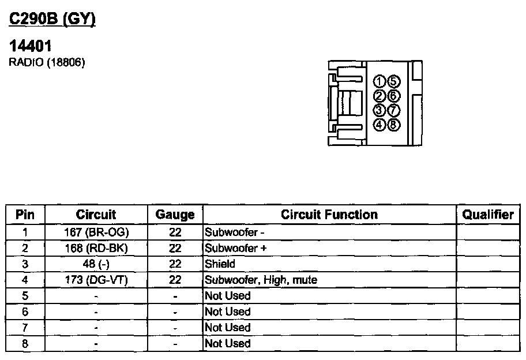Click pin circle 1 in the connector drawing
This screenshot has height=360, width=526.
pyautogui.click(x=380, y=81)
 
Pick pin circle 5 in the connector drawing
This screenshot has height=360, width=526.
pyautogui.click(x=393, y=81)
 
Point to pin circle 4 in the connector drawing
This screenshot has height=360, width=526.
pyautogui.click(x=380, y=123)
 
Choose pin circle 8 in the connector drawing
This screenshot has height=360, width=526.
pyautogui.click(x=393, y=123)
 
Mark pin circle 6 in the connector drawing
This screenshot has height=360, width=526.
pyautogui.click(x=393, y=95)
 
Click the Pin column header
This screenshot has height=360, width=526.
pyautogui.click(x=25, y=215)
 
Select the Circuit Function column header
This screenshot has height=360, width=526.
pyautogui.click(x=329, y=215)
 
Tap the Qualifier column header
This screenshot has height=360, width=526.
pyautogui.click(x=488, y=215)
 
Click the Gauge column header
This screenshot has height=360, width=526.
pyautogui.click(x=175, y=215)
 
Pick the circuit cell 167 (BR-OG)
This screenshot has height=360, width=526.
pyautogui.click(x=96, y=232)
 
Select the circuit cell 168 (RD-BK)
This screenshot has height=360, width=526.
pyautogui.click(x=96, y=248)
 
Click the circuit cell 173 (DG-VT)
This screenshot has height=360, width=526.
pyautogui.click(x=96, y=280)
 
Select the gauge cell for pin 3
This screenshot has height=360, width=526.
pyautogui.click(x=175, y=264)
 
